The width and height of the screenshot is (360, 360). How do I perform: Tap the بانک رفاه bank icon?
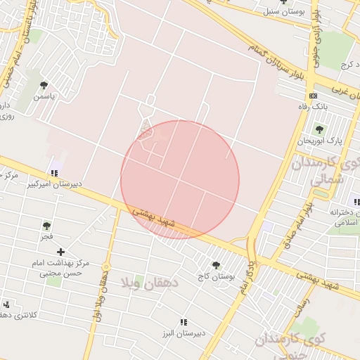(x=313, y=96)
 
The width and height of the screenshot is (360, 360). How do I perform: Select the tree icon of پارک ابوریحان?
(x=320, y=129)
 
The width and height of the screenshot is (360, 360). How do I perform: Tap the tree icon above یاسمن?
(x=44, y=85)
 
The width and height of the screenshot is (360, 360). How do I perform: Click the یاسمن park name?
(x=43, y=96)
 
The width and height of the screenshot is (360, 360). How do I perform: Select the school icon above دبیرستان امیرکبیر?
(x=54, y=173)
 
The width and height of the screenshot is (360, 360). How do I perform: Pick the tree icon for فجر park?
(x=46, y=226)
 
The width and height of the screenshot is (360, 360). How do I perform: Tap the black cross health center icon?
(x=61, y=251)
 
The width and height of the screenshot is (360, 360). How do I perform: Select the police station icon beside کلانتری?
(x=6, y=305)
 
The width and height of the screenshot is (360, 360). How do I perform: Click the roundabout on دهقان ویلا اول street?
(x=105, y=267)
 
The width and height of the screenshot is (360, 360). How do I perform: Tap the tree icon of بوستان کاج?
(x=215, y=265)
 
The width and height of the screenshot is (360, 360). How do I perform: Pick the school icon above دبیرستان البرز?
(x=185, y=321)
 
